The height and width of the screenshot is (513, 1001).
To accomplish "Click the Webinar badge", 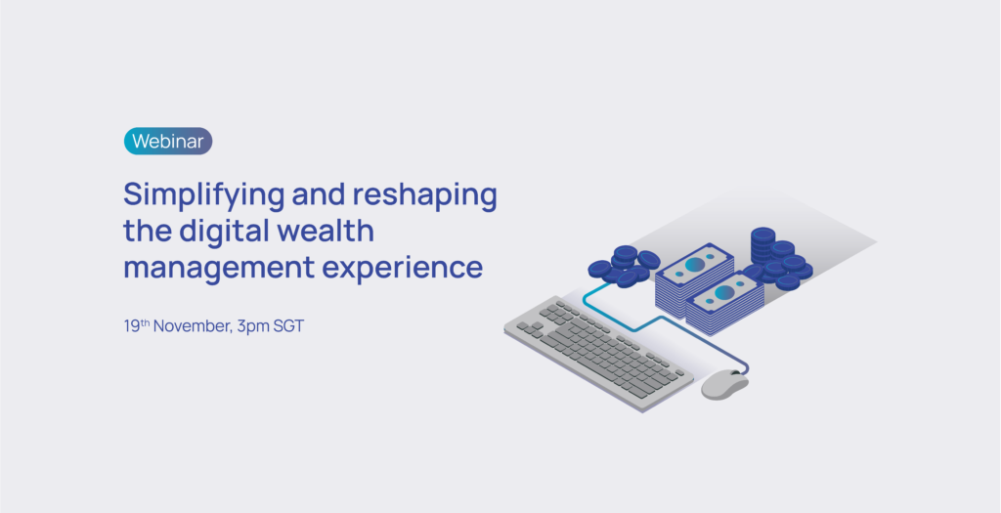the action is tap(168, 141).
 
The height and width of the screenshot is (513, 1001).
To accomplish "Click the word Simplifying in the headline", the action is tap(203, 195).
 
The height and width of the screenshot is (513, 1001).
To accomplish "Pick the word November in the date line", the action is tap(193, 326).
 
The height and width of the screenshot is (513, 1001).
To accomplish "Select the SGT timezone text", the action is tap(288, 326).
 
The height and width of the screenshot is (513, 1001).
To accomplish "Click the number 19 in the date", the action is tap(132, 326).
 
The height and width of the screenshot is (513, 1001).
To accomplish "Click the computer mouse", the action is tap(724, 385).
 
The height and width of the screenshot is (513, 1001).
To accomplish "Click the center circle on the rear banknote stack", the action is tap(695, 264).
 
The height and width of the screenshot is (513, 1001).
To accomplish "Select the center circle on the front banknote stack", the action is tap(724, 292).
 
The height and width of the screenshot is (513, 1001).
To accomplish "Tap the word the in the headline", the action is tap(148, 231).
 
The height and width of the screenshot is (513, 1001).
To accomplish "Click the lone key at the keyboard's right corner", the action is tap(679, 372).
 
